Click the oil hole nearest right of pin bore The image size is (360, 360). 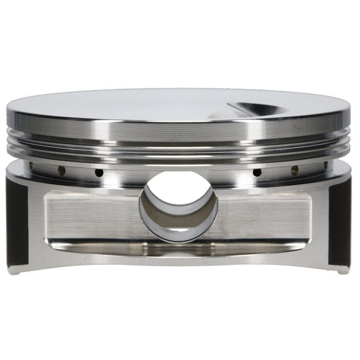257,172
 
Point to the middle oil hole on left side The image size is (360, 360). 62,170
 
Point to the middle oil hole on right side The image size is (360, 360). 295,170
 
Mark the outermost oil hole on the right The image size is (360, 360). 326,165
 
